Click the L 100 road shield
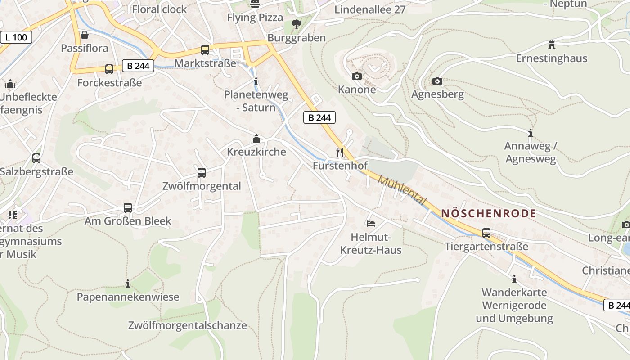pyautogui.click(x=16, y=37)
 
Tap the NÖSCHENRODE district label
pyautogui.click(x=489, y=213)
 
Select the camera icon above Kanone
pyautogui.click(x=356, y=76)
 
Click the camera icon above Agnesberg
pyautogui.click(x=437, y=81)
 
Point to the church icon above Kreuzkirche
pyautogui.click(x=256, y=139)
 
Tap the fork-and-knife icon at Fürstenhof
pyautogui.click(x=340, y=153)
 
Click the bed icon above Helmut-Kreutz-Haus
pyautogui.click(x=370, y=224)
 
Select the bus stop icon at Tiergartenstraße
pyautogui.click(x=486, y=233)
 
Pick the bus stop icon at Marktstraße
pyautogui.click(x=205, y=50)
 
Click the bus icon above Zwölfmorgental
pyautogui.click(x=202, y=173)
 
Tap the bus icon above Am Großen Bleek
pyautogui.click(x=128, y=208)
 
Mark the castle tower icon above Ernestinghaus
pyautogui.click(x=552, y=45)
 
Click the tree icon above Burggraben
pyautogui.click(x=296, y=24)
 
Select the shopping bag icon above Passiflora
pyautogui.click(x=84, y=35)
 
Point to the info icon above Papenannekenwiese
pyautogui.click(x=128, y=283)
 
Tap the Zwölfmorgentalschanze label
pyautogui.click(x=187, y=325)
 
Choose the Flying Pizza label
pyautogui.click(x=255, y=18)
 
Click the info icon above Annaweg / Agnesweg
pyautogui.click(x=531, y=133)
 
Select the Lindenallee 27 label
pyautogui.click(x=370, y=9)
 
